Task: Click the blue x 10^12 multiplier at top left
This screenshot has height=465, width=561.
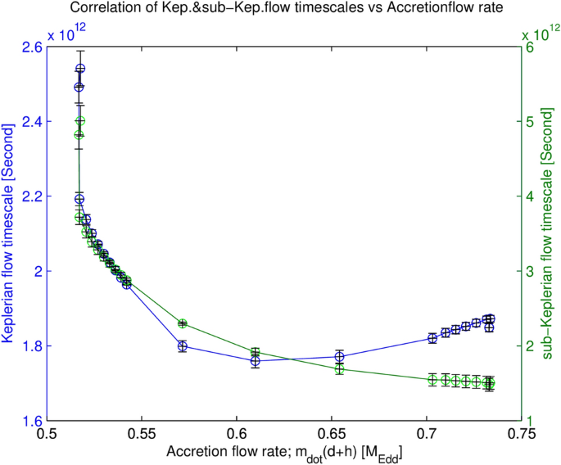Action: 66,33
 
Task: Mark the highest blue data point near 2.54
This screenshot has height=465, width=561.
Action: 80,69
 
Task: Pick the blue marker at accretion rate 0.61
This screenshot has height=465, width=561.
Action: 256,360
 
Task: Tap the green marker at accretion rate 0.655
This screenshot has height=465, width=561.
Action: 339,368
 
